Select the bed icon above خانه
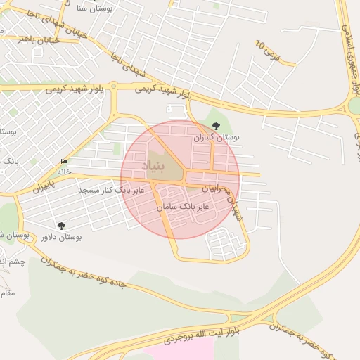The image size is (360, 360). coord(65,160)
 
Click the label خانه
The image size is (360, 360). coord(65,171)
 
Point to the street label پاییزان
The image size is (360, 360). coord(42,189)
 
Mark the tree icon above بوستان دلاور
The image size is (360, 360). coord(61,225)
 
